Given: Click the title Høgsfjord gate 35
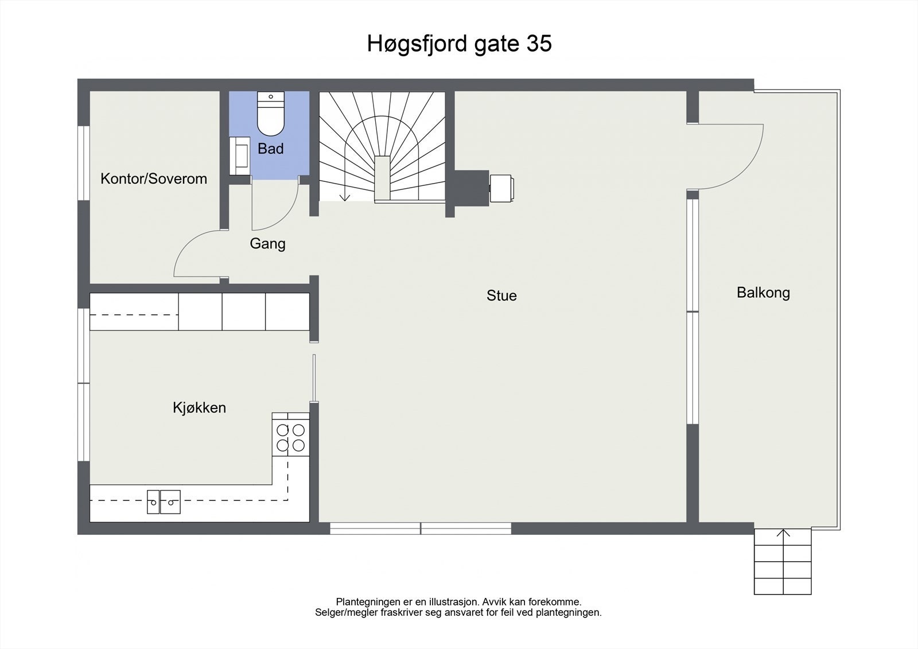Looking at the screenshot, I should click(x=459, y=44).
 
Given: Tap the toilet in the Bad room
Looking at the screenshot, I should click(x=270, y=114).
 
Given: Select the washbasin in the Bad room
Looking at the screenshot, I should click(x=239, y=156).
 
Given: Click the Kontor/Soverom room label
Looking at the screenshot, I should click(x=154, y=178).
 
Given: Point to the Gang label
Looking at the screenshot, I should click(x=267, y=243).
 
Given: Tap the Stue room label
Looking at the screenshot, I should click(x=501, y=296).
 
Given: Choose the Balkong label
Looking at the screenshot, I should click(x=763, y=293).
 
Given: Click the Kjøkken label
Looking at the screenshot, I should click(x=199, y=407).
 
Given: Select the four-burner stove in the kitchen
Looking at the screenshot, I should click(x=291, y=437).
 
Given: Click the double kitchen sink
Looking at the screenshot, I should click(x=164, y=502).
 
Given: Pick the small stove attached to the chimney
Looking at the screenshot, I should click(x=501, y=189).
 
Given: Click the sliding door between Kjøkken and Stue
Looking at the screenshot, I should click(x=314, y=378).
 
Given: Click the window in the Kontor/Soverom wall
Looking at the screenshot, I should click(x=84, y=163).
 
